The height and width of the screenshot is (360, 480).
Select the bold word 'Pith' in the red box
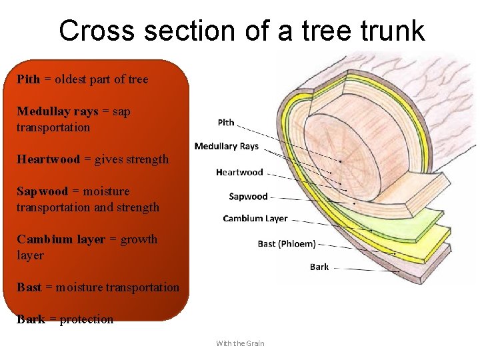(28, 79)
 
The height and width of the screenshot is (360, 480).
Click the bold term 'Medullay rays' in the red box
(57, 111)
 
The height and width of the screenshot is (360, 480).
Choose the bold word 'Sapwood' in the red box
(42, 191)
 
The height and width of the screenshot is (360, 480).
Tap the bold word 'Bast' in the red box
(29, 287)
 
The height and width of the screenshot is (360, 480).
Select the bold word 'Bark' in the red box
(31, 319)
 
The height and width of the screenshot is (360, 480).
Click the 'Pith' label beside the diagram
(226, 122)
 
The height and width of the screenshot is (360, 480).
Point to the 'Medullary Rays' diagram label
(226, 146)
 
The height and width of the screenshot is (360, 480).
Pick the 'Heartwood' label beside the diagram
(239, 172)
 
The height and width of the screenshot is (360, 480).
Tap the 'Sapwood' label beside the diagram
(248, 196)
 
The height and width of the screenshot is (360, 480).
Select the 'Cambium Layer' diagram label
(255, 218)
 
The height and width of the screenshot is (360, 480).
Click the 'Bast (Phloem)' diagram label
(287, 243)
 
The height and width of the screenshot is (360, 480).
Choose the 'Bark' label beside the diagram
(319, 267)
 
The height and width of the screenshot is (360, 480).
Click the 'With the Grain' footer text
(240, 343)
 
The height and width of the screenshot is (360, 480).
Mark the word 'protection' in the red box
(87, 319)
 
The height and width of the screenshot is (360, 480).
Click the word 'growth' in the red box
(139, 239)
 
